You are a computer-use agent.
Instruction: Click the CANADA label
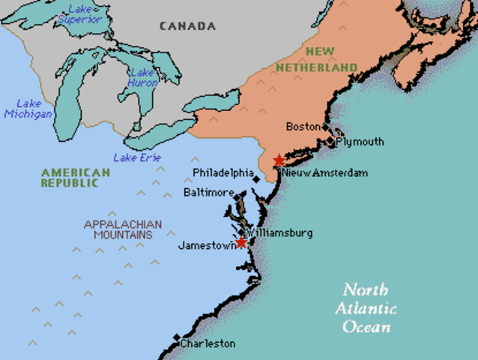click(187, 26)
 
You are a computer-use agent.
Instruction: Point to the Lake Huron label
click(142, 77)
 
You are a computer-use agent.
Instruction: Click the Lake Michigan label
click(28, 109)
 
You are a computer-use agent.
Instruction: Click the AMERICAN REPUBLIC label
click(75, 178)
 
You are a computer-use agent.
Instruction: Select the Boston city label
click(303, 126)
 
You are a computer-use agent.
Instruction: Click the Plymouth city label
click(360, 141)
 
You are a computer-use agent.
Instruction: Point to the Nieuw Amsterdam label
click(325, 172)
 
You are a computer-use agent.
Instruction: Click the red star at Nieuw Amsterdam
click(279, 160)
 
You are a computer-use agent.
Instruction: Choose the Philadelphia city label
click(223, 172)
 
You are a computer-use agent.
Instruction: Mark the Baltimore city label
click(209, 193)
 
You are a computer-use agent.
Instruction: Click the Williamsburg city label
click(280, 232)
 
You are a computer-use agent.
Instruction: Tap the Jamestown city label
click(206, 245)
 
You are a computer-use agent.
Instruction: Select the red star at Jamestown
click(241, 243)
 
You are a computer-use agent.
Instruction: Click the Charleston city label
click(208, 343)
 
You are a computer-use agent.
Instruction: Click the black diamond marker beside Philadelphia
click(256, 178)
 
